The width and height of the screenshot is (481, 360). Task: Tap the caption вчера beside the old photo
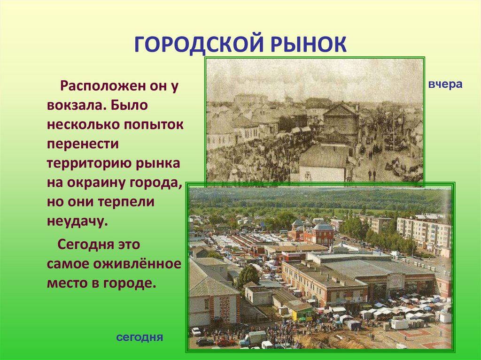(445, 84)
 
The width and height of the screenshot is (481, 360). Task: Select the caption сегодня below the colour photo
(140, 337)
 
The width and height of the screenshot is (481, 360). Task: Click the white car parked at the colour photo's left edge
(196, 331)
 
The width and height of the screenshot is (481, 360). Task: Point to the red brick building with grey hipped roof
(318, 233)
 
